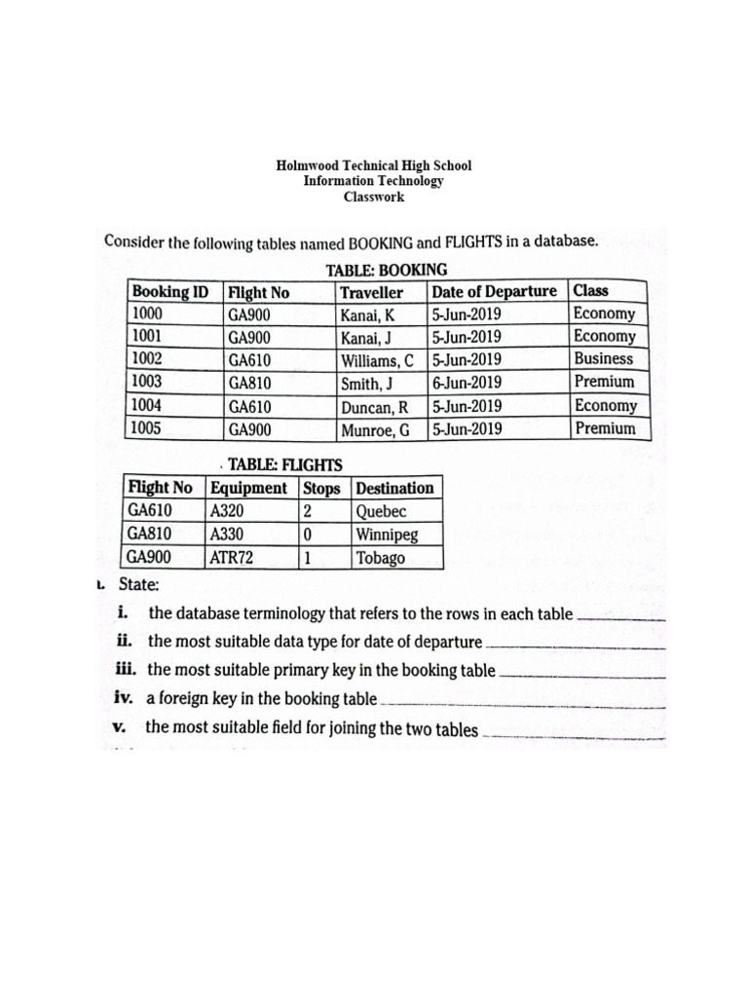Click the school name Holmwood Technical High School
click(374, 166)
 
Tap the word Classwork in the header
click(374, 197)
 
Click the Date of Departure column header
click(495, 291)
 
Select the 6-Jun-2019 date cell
click(467, 383)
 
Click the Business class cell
click(603, 359)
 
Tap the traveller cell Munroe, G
click(375, 429)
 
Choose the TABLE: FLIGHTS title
click(284, 465)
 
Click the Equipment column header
click(248, 488)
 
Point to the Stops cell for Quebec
click(308, 511)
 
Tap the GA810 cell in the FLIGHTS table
click(150, 535)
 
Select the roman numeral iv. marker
click(125, 697)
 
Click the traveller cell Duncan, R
click(374, 406)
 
